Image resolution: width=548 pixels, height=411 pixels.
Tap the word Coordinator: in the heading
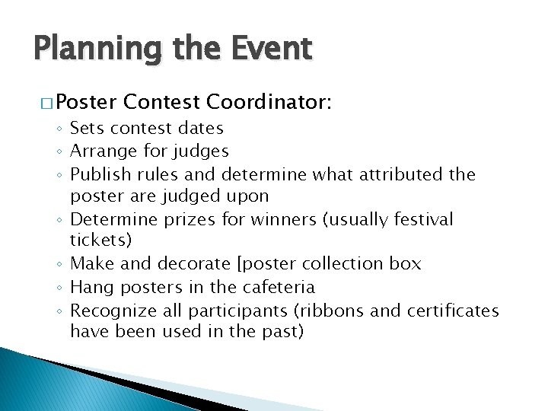(x=269, y=102)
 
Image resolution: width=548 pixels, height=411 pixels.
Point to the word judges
(x=202, y=151)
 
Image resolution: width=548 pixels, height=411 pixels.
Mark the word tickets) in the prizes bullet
(x=100, y=241)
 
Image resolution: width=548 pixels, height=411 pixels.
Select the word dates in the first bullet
(x=199, y=129)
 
